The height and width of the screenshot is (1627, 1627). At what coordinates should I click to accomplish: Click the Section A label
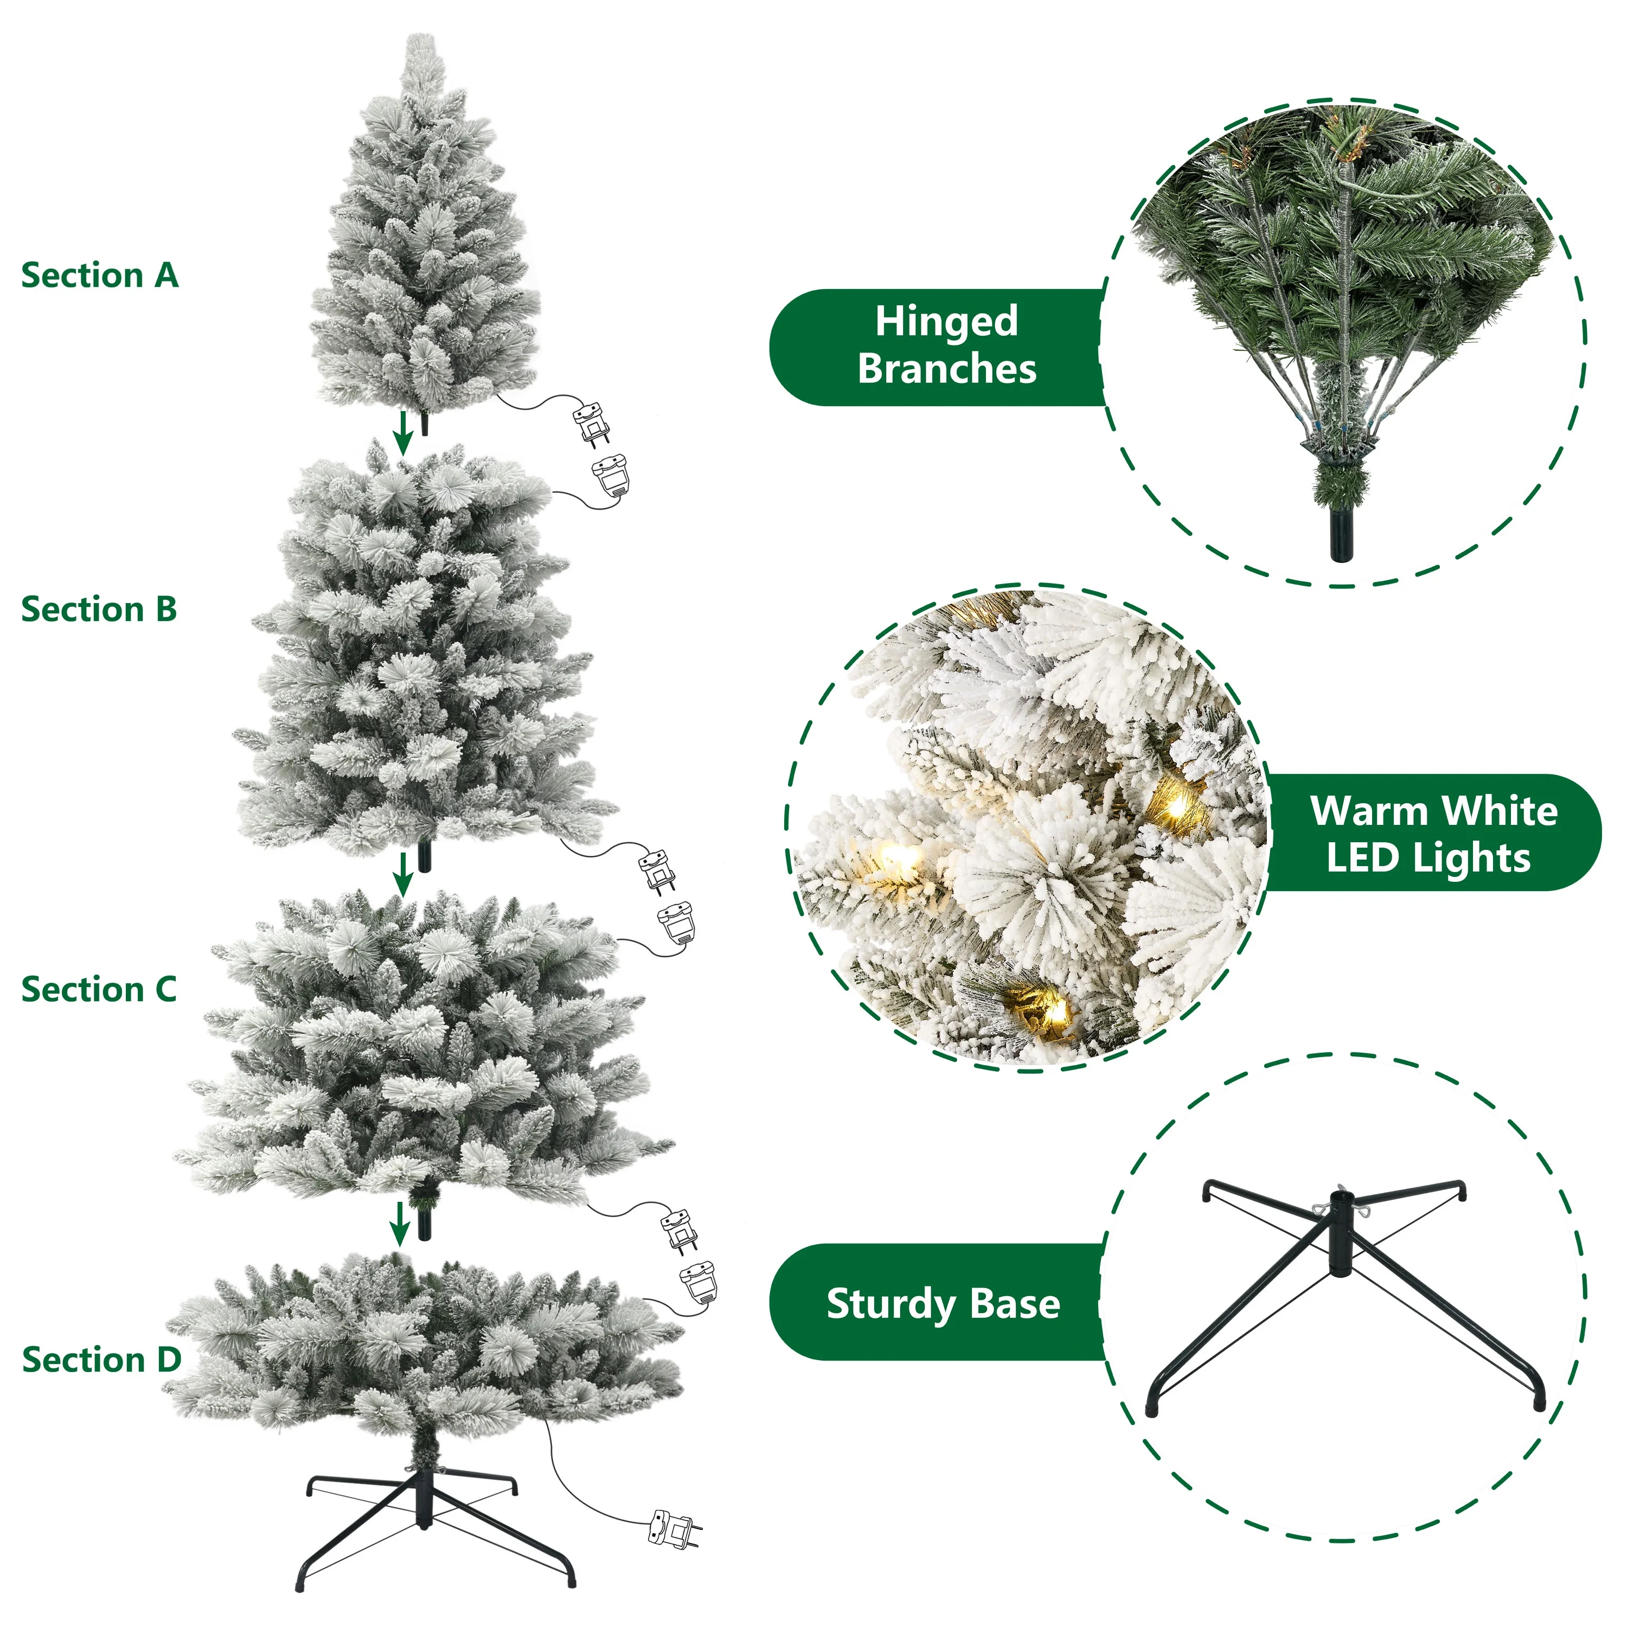[99, 276]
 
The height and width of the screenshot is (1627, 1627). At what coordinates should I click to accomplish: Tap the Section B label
[99, 609]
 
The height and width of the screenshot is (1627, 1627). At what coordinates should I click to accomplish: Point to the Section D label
[101, 1359]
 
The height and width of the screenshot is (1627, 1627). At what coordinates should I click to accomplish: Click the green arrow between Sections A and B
[404, 432]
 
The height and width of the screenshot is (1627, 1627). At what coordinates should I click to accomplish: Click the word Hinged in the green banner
[946, 321]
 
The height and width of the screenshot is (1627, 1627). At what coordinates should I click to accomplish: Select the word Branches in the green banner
[946, 369]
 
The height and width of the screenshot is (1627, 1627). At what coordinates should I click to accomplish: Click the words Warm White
[1433, 811]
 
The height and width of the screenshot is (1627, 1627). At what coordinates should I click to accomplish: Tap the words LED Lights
[1429, 858]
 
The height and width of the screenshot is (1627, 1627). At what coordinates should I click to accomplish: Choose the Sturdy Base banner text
[943, 1304]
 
